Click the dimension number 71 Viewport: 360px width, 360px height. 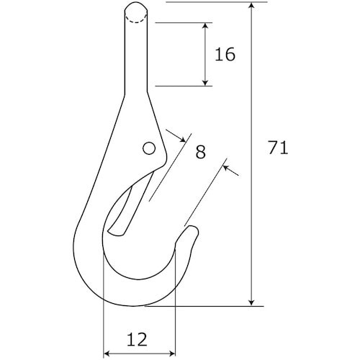point(278,148)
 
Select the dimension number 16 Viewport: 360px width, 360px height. point(225,54)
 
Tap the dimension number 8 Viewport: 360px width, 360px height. point(201,152)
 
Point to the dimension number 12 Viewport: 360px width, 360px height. point(137,339)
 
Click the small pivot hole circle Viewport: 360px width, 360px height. point(149,148)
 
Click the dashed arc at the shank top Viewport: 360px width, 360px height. point(136,18)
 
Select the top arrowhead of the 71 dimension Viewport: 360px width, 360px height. point(251,6)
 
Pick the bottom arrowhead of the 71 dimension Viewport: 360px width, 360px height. point(251,302)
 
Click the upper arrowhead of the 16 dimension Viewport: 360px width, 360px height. point(205,26)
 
